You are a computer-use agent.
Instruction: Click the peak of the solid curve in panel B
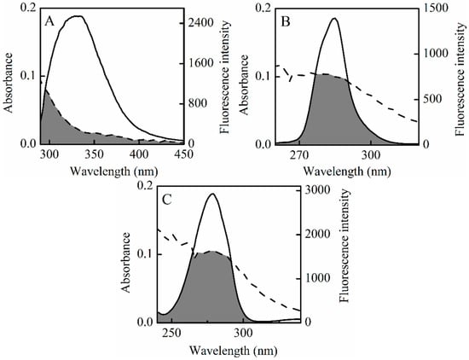point(333,19)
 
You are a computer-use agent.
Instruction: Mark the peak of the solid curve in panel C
point(212,194)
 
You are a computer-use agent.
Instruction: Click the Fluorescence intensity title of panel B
point(461,77)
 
